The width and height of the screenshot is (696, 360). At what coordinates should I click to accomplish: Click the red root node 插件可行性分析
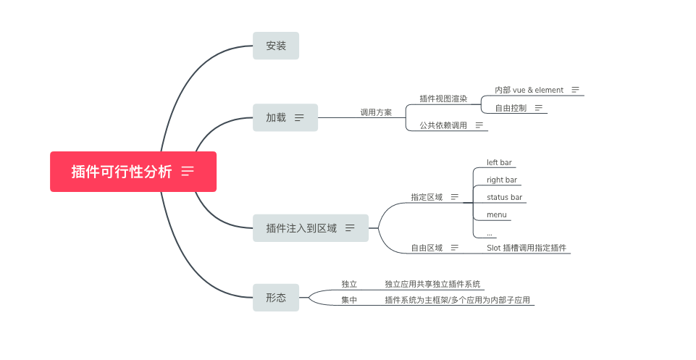tap(122, 172)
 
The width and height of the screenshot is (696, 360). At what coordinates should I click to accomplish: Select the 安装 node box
tap(276, 46)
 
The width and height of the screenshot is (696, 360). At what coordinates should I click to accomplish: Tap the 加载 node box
tap(276, 117)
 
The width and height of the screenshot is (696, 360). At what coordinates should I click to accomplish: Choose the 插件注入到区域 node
tap(301, 228)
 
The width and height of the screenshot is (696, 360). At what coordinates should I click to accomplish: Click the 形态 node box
tap(276, 298)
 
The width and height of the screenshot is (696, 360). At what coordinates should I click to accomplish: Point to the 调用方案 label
tap(376, 112)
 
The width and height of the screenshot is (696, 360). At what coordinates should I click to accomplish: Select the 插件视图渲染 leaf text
tap(443, 99)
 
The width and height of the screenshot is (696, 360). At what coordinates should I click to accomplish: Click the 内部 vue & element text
tap(529, 90)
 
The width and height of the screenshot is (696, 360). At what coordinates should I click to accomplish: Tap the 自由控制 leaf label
tap(511, 108)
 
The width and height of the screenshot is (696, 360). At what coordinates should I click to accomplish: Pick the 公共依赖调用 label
tap(443, 125)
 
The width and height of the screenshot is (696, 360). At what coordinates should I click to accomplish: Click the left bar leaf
tap(500, 162)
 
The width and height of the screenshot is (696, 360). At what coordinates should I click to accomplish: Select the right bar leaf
tap(502, 180)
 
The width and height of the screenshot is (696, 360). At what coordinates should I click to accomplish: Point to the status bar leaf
tap(504, 197)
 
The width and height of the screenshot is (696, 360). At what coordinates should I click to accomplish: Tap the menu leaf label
tap(496, 214)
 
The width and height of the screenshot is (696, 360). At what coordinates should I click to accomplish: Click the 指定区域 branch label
tap(427, 197)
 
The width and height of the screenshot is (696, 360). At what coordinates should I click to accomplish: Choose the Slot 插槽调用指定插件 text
tap(527, 248)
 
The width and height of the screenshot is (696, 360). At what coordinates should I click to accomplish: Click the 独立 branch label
tap(349, 284)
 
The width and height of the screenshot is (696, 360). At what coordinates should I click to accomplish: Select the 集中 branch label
tap(349, 300)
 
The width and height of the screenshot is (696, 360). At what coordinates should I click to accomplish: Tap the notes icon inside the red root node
tap(188, 172)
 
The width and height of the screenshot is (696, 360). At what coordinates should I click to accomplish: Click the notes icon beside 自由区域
tap(455, 248)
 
